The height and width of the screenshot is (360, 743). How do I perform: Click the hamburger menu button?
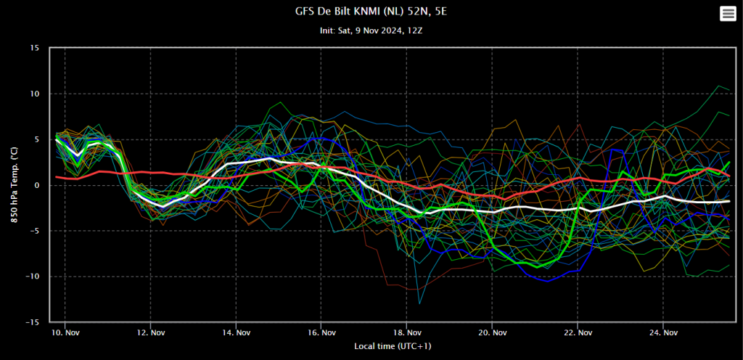(727, 14)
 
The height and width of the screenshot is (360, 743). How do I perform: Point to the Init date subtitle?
(371, 30)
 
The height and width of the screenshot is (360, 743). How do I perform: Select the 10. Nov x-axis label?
(65, 333)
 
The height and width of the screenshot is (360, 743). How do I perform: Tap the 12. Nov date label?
(150, 333)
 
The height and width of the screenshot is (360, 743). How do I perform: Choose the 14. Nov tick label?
(236, 333)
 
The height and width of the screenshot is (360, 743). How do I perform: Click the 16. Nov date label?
(321, 333)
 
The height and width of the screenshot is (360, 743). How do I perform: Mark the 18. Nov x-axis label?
(406, 333)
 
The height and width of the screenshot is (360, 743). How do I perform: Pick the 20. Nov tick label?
(492, 333)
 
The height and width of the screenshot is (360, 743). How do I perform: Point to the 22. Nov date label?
(578, 333)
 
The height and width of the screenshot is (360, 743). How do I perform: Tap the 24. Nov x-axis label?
(663, 333)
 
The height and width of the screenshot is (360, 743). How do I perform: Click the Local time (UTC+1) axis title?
(393, 346)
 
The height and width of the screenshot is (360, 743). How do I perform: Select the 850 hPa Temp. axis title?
(15, 185)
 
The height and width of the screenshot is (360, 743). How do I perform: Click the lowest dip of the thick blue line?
(548, 282)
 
